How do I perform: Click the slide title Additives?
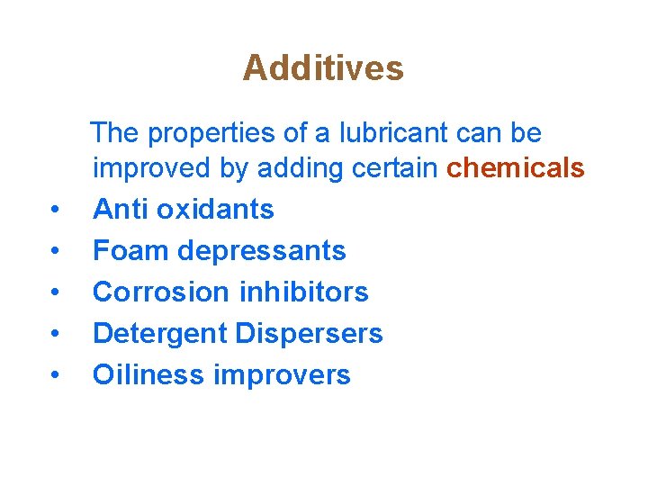[323, 67]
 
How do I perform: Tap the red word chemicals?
[516, 168]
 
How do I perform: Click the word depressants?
[262, 250]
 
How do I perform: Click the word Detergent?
[159, 334]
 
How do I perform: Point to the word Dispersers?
[309, 333]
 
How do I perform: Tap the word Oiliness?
[148, 374]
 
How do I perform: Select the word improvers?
[282, 375]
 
